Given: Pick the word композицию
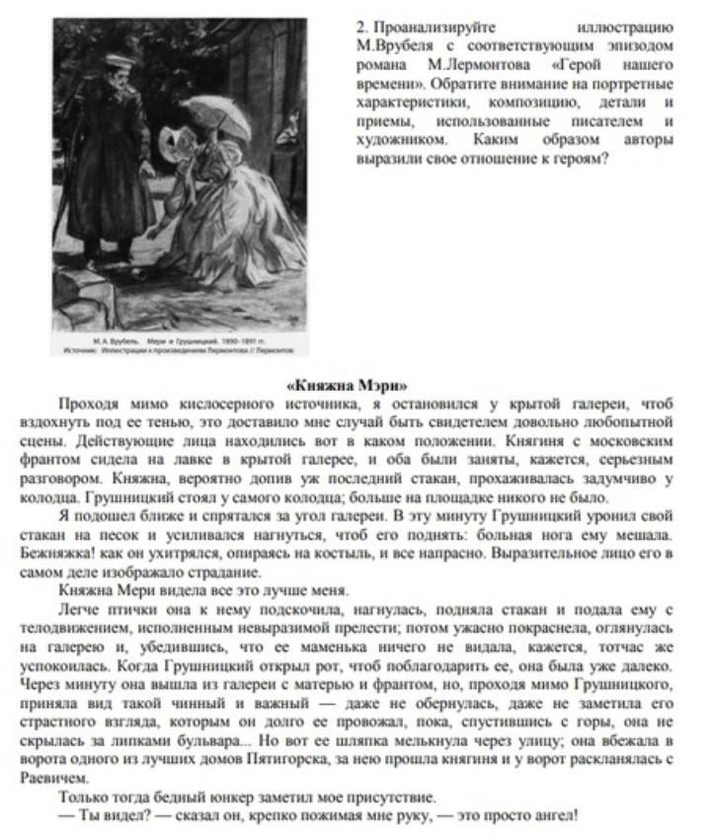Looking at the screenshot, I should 541,101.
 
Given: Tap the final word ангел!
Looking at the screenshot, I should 553,814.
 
